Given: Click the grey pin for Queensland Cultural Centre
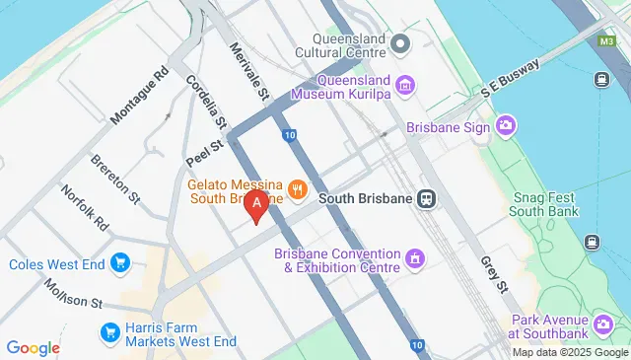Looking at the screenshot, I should coord(400,44).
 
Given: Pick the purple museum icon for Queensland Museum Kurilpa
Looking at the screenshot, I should coord(404,88).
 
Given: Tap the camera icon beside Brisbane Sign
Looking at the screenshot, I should coord(507,125).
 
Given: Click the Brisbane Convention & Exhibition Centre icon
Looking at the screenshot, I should coord(415,260).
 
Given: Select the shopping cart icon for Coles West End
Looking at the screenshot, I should coord(120,263).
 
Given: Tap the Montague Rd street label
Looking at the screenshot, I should coord(140,97).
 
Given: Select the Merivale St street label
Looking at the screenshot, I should coord(249,71).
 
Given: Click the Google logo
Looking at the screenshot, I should coord(33,347).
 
